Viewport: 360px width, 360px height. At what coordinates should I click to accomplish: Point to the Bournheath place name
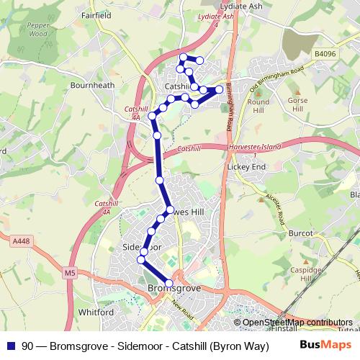tap(92, 84)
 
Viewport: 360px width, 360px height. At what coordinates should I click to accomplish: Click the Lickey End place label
tap(246, 166)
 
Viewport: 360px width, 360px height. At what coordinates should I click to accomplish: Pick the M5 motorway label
tap(70, 273)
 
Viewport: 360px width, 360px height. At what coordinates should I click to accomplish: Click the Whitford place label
tap(96, 312)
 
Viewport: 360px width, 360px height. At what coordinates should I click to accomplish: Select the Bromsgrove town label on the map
tap(174, 289)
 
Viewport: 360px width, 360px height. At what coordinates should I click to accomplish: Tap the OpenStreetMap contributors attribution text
tap(297, 322)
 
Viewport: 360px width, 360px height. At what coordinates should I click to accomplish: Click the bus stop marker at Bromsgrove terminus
tap(169, 284)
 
